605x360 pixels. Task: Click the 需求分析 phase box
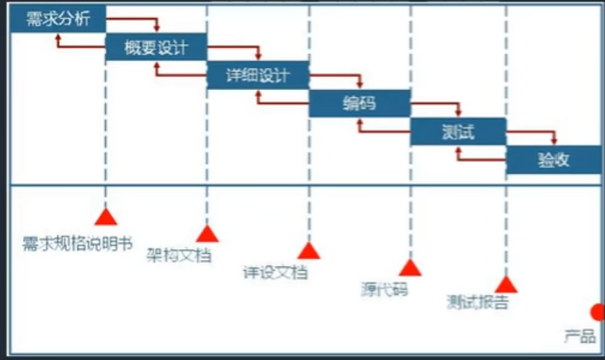coord(58,19)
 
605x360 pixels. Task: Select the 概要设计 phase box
coord(156,47)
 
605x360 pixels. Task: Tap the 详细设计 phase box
coord(258,75)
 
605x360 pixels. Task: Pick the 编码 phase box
coord(359,103)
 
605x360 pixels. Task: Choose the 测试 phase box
coord(458,132)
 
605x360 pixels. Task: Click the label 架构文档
coord(179,255)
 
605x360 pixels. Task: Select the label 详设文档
coord(274,272)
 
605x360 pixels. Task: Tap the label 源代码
coord(384,289)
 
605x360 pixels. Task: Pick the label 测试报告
coord(478,302)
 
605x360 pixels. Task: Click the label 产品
coord(580,335)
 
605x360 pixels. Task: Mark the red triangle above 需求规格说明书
coord(106,216)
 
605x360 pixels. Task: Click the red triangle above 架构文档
coord(207,233)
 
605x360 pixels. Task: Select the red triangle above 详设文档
coord(309,250)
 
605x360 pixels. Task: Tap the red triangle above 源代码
coord(410,268)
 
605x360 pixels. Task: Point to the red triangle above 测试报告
coord(506,284)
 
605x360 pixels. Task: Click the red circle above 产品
coord(598,312)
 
